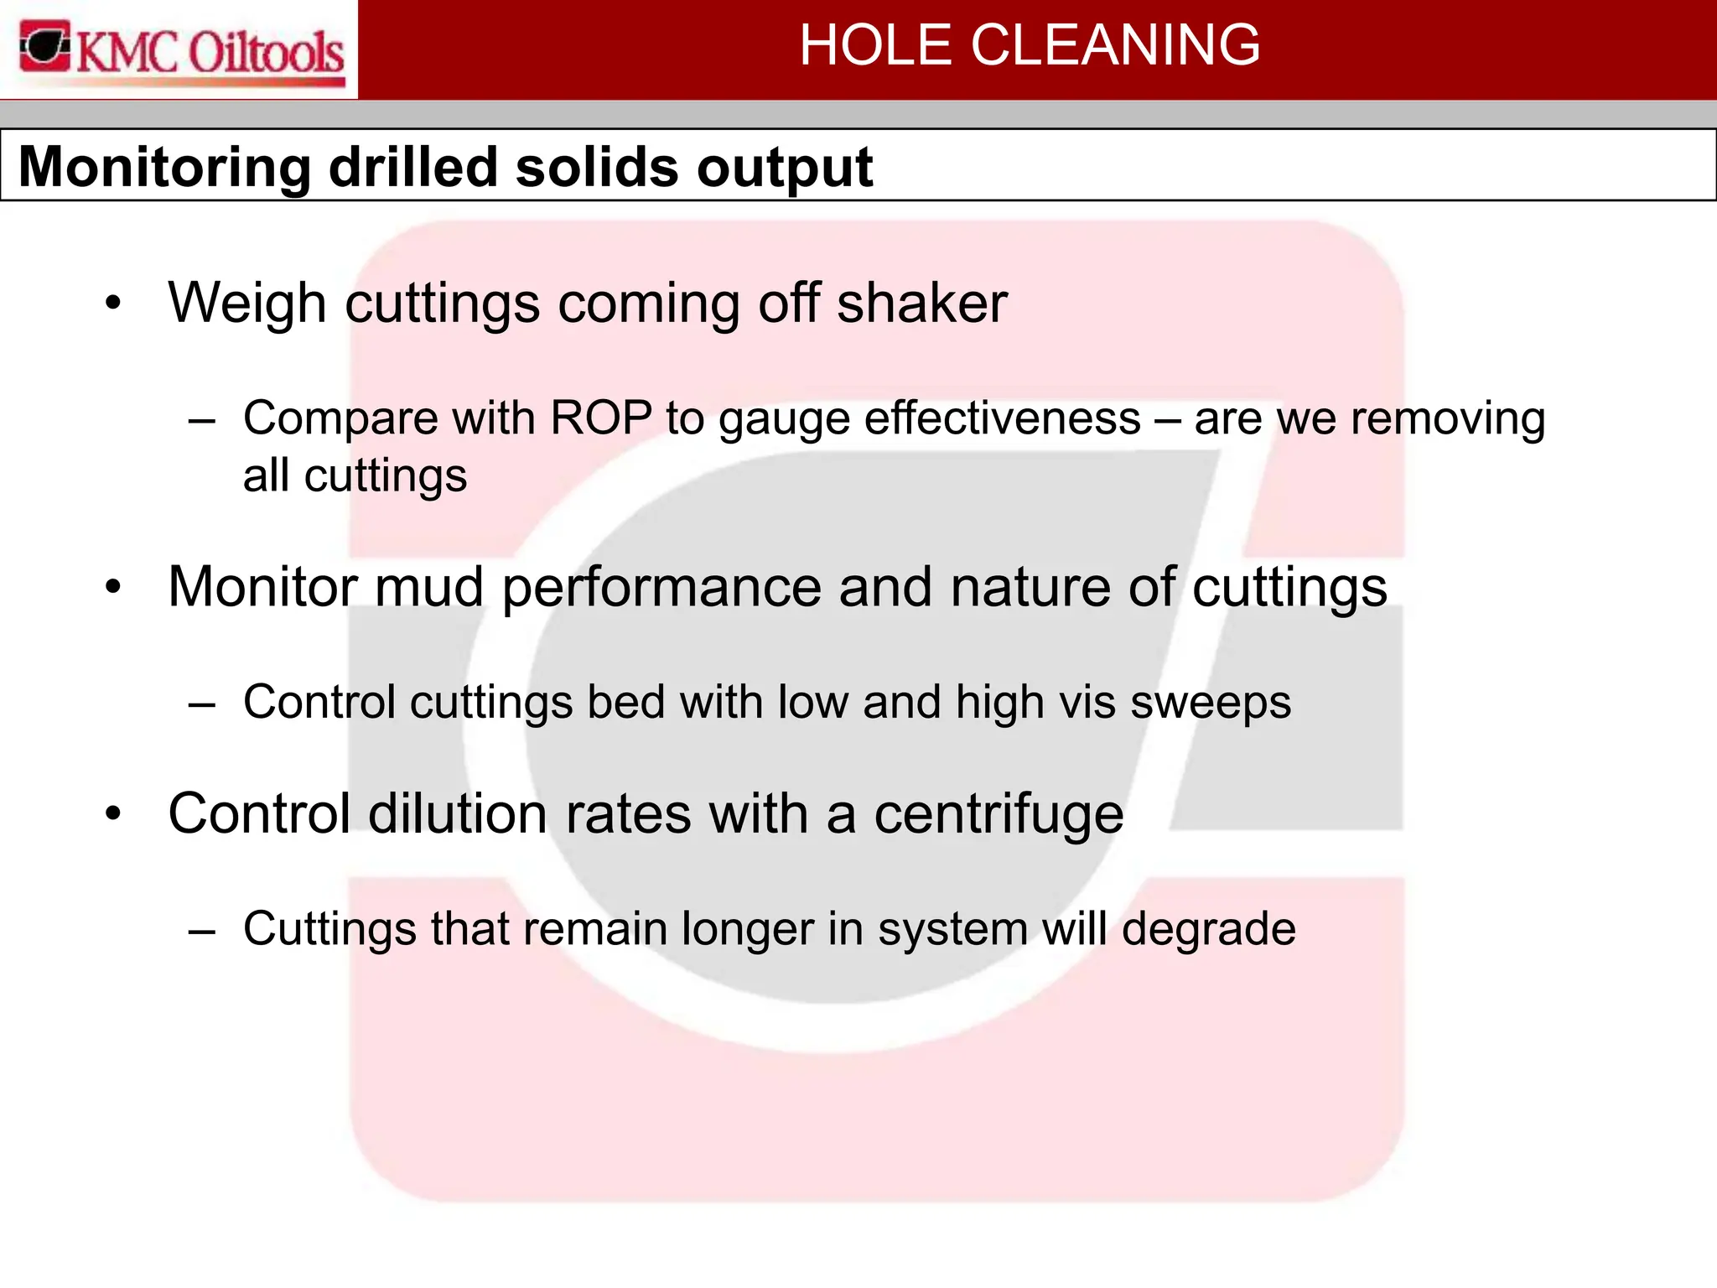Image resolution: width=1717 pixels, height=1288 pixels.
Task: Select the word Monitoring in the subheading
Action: (x=164, y=168)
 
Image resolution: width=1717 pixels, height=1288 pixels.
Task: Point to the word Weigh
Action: (x=247, y=304)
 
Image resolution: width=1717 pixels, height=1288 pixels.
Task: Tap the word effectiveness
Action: (x=1003, y=418)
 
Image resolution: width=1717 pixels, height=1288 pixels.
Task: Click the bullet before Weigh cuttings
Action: (x=114, y=304)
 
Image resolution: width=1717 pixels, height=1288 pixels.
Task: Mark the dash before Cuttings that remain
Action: (x=202, y=930)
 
